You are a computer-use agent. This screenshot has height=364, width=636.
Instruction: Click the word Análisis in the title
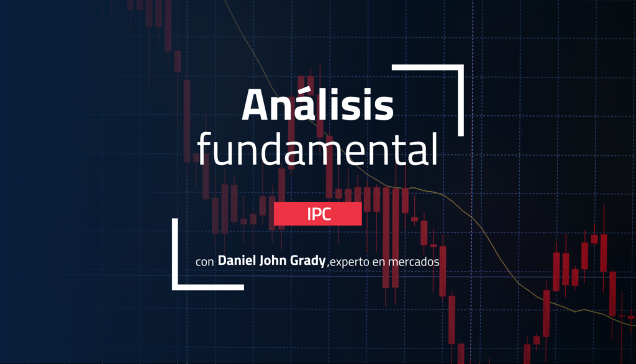tap(317, 105)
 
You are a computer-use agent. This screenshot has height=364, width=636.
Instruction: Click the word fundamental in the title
tap(317, 149)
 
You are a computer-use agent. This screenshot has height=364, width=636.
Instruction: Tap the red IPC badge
tap(317, 215)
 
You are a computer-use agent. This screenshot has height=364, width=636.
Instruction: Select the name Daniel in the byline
tap(237, 262)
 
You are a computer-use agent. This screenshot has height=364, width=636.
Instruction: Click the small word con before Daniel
tap(204, 263)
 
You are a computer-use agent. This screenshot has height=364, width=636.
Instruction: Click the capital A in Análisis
tap(258, 105)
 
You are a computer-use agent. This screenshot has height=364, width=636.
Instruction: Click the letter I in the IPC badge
tap(308, 215)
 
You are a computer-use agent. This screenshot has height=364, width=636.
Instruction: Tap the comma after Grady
tap(327, 265)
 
